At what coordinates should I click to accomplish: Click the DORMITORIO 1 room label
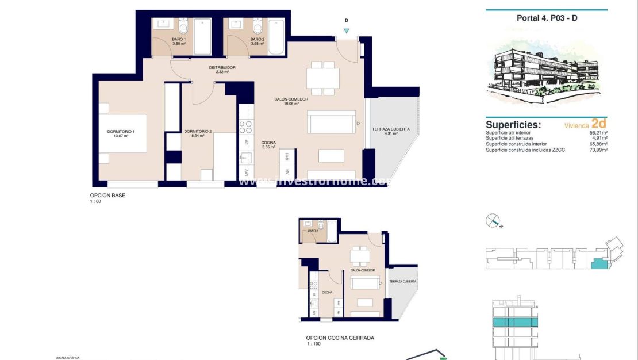coord(121,132)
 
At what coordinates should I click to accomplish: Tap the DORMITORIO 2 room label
coord(198,132)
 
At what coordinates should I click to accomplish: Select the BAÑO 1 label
coord(179,39)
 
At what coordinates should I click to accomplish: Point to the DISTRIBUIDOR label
coord(222,68)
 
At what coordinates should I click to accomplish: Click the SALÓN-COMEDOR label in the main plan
coord(291,99)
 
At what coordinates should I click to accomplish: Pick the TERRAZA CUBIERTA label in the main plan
coord(391,129)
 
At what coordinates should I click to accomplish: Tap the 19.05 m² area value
coord(291,105)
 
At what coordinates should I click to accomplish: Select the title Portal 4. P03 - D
coord(547,18)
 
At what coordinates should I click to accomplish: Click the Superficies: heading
coord(513,124)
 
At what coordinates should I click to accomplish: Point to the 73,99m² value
coord(597,150)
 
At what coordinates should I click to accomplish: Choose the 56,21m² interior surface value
coord(597,132)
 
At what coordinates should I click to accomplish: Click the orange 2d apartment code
coord(599,123)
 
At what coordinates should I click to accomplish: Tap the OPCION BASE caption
coord(107,196)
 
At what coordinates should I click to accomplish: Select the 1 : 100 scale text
coord(314,344)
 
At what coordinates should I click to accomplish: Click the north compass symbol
coord(494,221)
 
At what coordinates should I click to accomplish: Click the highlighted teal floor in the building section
coord(515,322)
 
